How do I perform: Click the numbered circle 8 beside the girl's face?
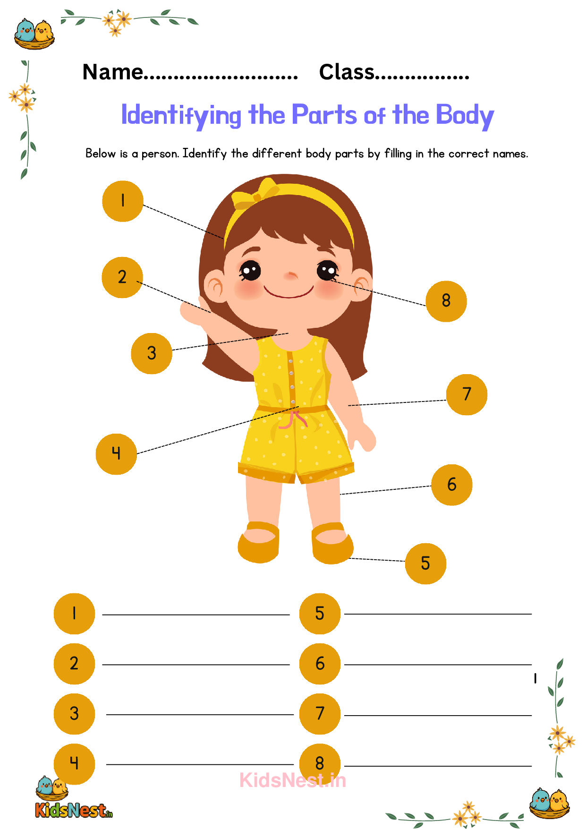(x=446, y=301)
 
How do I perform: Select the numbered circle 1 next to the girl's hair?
(x=123, y=201)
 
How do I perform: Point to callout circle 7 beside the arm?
(x=467, y=394)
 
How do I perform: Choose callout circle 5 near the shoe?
(x=425, y=564)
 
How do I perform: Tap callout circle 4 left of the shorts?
(x=116, y=454)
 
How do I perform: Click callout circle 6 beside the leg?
(x=452, y=485)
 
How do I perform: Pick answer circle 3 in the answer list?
(x=74, y=714)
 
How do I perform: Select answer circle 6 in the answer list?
(x=320, y=664)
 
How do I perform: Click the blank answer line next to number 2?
(x=196, y=665)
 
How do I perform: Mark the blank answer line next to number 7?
(x=438, y=715)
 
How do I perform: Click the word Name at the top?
(x=113, y=72)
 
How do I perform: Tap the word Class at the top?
(x=347, y=72)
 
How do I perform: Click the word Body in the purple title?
(x=465, y=116)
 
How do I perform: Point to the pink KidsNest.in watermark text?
(x=293, y=780)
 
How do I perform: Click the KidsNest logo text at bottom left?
(x=74, y=811)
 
